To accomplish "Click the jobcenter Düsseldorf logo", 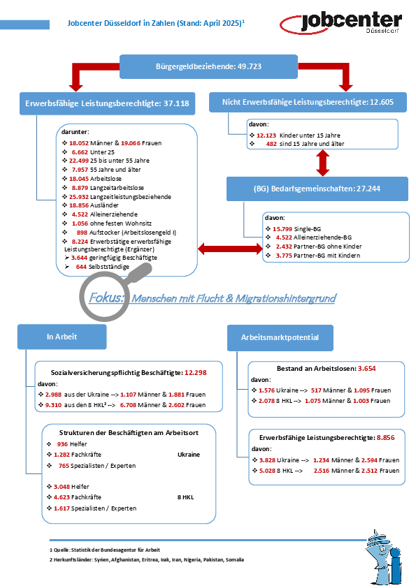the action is (340, 22).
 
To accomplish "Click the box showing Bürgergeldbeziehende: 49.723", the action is (208, 67).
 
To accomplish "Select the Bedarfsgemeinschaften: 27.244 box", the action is (317, 189).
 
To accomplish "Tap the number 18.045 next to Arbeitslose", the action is (78, 179).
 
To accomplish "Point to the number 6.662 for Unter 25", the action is (80, 152).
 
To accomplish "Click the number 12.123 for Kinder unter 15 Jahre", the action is (266, 135).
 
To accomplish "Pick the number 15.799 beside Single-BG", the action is (282, 229).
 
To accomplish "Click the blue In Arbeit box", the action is (62, 337).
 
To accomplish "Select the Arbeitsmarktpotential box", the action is (280, 337).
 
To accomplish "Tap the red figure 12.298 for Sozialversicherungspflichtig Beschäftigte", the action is (196, 373).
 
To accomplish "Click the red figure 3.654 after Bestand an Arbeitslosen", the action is (367, 369).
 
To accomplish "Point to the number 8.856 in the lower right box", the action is (386, 438).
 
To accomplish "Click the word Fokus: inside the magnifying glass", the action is (106, 297).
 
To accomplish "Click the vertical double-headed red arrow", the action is (322, 163).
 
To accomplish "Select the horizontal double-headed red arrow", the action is (230, 249).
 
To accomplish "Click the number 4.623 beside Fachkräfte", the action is (62, 497).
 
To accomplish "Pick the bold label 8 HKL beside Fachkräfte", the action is (185, 497).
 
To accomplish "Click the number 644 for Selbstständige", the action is (82, 267).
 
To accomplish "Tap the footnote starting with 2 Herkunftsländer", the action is (147, 560).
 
